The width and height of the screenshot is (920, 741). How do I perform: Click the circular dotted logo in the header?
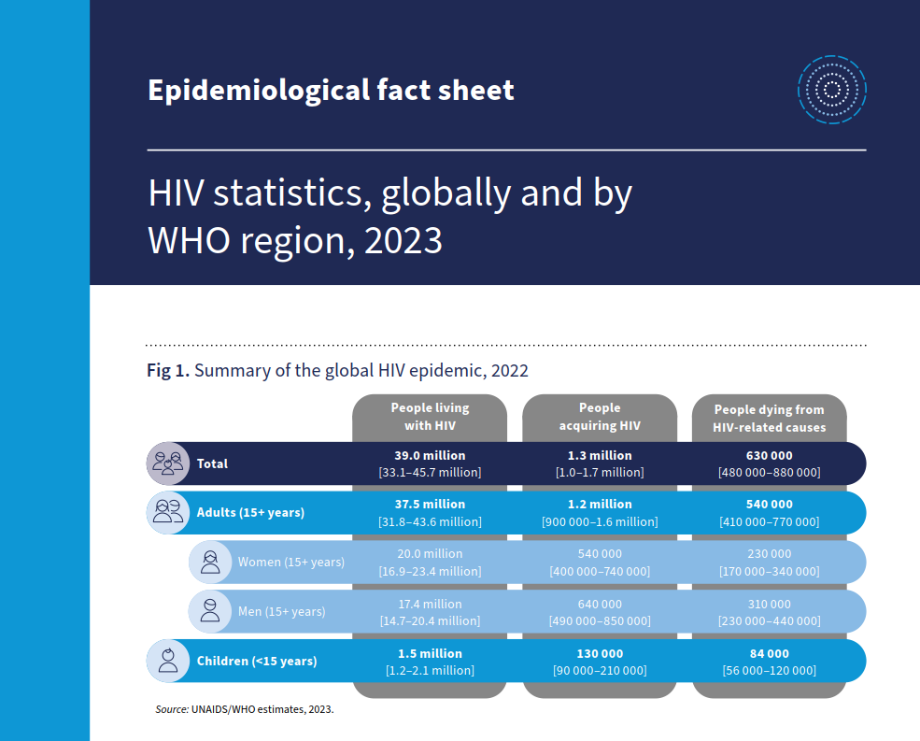(831, 90)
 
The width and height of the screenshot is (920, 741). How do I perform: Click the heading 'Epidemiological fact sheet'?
(331, 90)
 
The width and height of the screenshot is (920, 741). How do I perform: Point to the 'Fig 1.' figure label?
(168, 371)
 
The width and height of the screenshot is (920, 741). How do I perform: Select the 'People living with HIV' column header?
(430, 417)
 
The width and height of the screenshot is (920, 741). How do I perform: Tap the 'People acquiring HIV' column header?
(599, 417)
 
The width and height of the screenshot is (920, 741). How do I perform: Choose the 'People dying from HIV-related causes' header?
(769, 418)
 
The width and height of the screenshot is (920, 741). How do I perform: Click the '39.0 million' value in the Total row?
(430, 455)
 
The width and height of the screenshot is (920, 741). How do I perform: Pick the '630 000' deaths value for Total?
(769, 455)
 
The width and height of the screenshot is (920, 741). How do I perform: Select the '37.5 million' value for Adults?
(430, 504)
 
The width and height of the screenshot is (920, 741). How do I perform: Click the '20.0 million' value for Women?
(430, 553)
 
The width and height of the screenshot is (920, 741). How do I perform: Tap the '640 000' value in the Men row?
(599, 604)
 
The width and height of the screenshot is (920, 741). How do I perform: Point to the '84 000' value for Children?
(769, 653)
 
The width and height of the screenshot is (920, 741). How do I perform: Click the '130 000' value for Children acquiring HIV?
(599, 653)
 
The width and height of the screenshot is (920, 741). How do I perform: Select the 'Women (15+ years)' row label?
(290, 562)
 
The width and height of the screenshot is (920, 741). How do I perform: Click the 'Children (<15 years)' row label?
(257, 661)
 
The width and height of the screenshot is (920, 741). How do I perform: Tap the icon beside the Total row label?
(168, 463)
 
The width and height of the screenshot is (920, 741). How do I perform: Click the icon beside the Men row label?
(210, 611)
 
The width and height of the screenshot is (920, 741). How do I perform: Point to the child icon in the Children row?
(168, 661)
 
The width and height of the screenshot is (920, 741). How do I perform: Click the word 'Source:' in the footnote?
(172, 709)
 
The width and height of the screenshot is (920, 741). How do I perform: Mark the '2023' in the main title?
(403, 240)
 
